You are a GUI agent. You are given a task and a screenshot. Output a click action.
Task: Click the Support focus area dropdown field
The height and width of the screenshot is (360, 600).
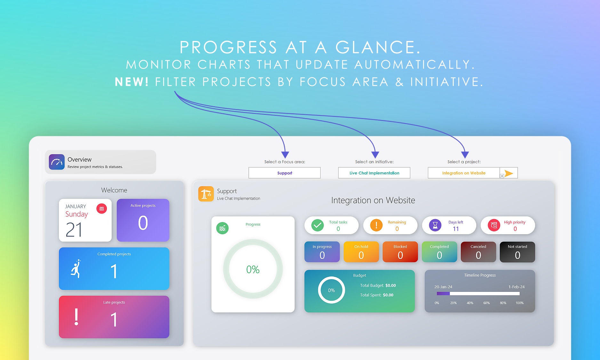[284, 173]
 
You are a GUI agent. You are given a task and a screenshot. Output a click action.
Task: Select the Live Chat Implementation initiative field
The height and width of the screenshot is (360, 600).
[374, 173]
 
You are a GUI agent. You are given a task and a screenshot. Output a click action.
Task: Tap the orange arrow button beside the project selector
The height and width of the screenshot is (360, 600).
[509, 173]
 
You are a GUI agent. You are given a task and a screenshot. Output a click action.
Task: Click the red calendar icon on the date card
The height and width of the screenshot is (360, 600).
[102, 209]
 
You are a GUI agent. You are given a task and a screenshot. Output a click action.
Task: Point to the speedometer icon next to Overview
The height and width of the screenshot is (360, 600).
[57, 162]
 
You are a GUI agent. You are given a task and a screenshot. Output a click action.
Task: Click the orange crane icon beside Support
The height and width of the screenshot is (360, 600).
[206, 194]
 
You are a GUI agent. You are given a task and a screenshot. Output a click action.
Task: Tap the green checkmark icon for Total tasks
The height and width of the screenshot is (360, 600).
[317, 225]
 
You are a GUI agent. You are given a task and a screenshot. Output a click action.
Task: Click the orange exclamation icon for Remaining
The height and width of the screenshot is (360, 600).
[376, 225]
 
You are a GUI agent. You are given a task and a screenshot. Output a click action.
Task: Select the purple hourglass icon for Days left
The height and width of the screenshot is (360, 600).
[435, 225]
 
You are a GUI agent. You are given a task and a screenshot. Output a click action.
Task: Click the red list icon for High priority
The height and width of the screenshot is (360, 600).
[494, 225]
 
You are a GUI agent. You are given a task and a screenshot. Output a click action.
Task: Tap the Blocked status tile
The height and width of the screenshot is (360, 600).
[400, 252]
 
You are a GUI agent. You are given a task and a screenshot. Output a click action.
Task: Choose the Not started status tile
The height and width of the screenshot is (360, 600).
[517, 252]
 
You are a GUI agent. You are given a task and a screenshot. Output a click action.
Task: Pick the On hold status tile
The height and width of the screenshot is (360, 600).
[361, 252]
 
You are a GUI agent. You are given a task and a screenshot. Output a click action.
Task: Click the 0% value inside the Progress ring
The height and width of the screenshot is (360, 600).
[253, 269]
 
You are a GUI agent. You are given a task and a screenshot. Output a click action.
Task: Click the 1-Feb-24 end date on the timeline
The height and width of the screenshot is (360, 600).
[516, 287]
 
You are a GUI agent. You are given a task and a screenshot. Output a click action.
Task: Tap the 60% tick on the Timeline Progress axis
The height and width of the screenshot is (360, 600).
[486, 303]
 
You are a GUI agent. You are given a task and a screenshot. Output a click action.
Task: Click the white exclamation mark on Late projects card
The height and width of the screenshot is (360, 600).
[76, 317]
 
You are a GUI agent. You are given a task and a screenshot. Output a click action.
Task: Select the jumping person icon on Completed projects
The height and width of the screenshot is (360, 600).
[76, 268]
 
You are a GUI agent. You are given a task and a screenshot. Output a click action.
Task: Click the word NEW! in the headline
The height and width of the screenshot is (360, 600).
[132, 82]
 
